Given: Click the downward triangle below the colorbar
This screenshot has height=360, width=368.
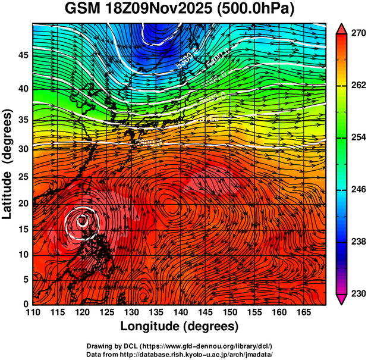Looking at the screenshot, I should point(341,299).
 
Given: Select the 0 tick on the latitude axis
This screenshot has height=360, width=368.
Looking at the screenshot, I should point(25,304).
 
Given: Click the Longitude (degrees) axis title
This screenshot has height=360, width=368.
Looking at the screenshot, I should point(179,326).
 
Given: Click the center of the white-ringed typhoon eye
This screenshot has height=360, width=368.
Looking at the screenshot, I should point(82,221).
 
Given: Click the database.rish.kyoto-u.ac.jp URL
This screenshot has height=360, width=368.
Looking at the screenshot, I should point(203,354).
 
